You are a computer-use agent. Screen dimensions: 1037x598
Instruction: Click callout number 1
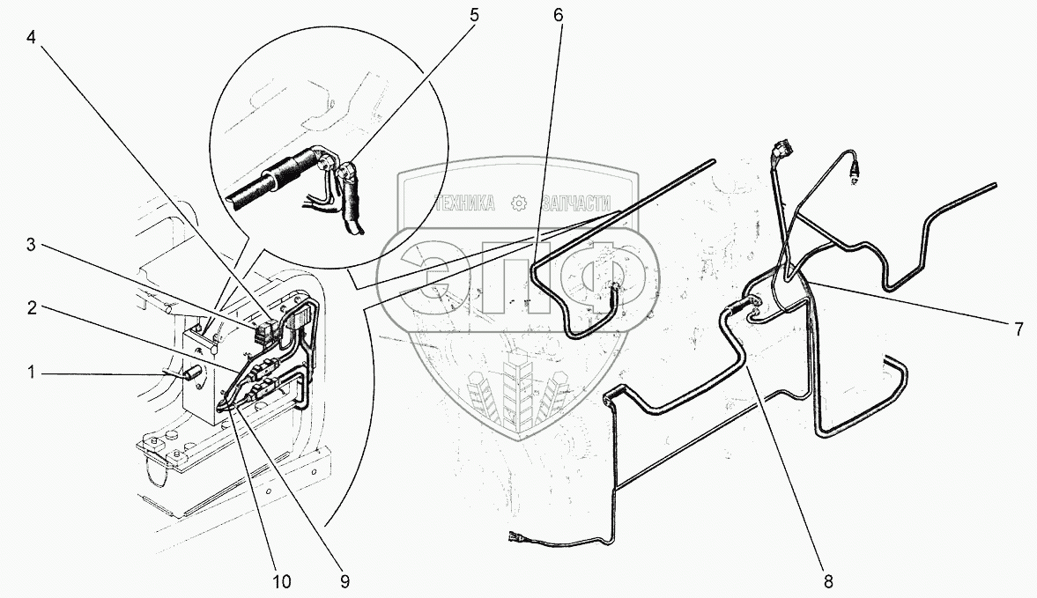[x=31, y=373]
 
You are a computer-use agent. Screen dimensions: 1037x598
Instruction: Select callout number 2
[x=31, y=307]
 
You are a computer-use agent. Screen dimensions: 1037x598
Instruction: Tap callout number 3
[x=31, y=245]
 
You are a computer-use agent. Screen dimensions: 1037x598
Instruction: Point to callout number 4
[x=31, y=37]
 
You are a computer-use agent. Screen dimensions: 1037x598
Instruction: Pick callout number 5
[x=473, y=15]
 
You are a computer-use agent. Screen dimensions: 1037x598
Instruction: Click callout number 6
[x=559, y=15]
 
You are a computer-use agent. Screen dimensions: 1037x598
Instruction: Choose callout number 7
[x=1019, y=329]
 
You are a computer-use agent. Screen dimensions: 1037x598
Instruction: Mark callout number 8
[x=828, y=581]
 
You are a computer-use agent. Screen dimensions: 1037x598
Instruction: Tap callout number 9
[x=344, y=581]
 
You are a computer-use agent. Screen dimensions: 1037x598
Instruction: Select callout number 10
[x=281, y=581]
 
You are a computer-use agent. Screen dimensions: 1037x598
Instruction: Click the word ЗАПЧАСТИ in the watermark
[x=576, y=203]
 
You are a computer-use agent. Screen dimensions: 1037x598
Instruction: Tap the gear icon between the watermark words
[x=518, y=203]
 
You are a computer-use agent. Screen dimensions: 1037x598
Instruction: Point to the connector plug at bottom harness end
[x=516, y=538]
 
